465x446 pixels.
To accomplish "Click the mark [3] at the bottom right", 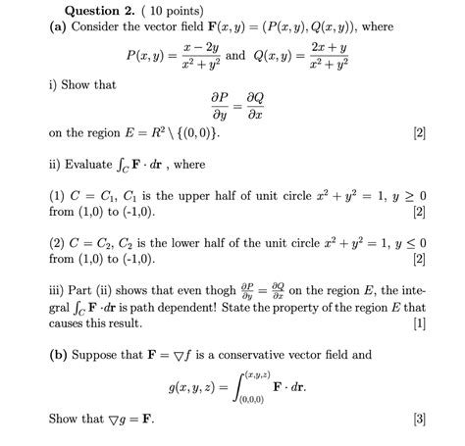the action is (x=420, y=420).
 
